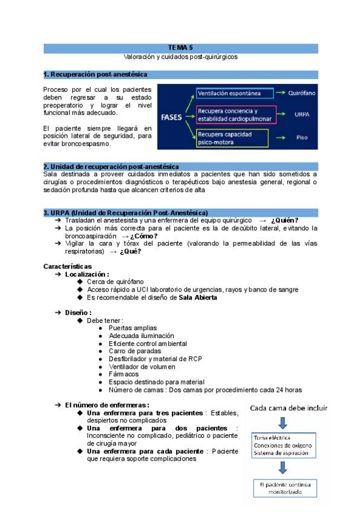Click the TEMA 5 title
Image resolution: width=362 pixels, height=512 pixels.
pos(180,46)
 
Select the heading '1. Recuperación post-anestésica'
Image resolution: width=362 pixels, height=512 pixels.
pos(96,74)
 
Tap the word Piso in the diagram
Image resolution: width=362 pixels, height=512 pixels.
pos(302,138)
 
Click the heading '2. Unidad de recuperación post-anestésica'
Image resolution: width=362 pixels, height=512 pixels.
pos(111,166)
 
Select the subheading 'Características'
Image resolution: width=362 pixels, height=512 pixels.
pos(68,266)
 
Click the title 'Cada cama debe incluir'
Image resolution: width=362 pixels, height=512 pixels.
pos(289,408)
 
